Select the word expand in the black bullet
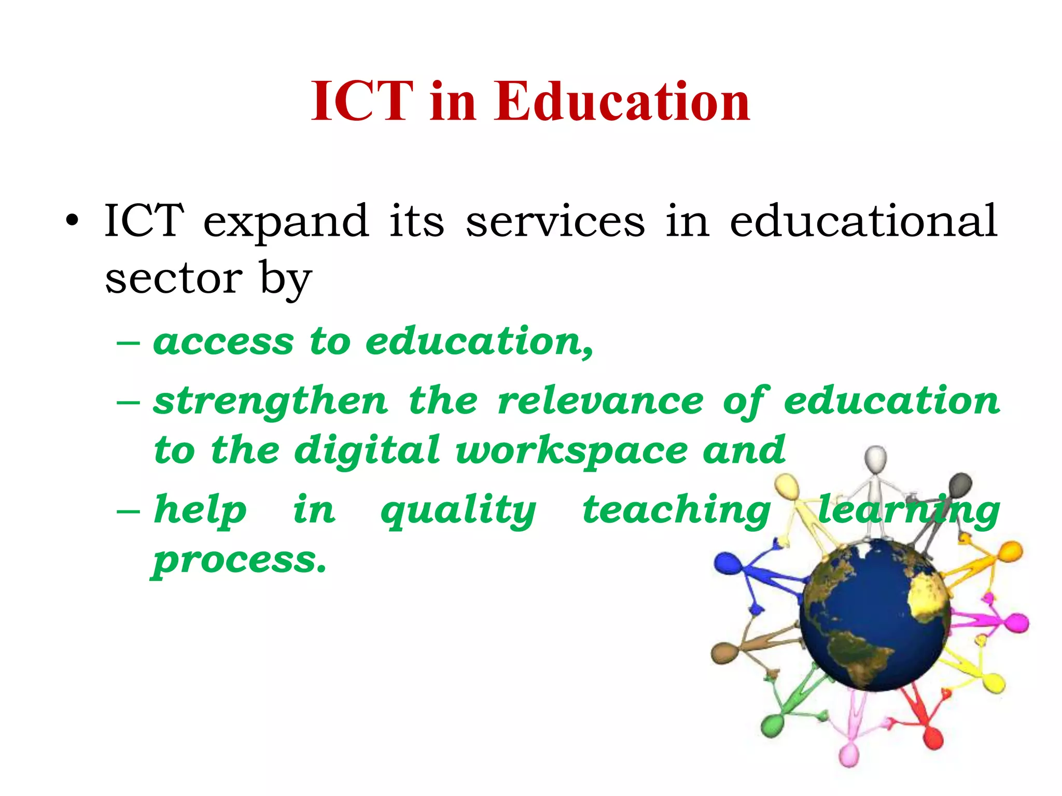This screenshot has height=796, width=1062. pos(286,221)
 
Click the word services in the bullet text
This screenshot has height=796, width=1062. pos(555,221)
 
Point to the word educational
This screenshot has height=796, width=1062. pos(863,221)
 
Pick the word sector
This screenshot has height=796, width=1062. pos(174,279)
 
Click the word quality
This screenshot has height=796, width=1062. pos(458,511)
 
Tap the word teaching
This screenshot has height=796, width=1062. pos(677,511)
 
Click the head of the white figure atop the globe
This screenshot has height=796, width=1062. pos(876,458)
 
